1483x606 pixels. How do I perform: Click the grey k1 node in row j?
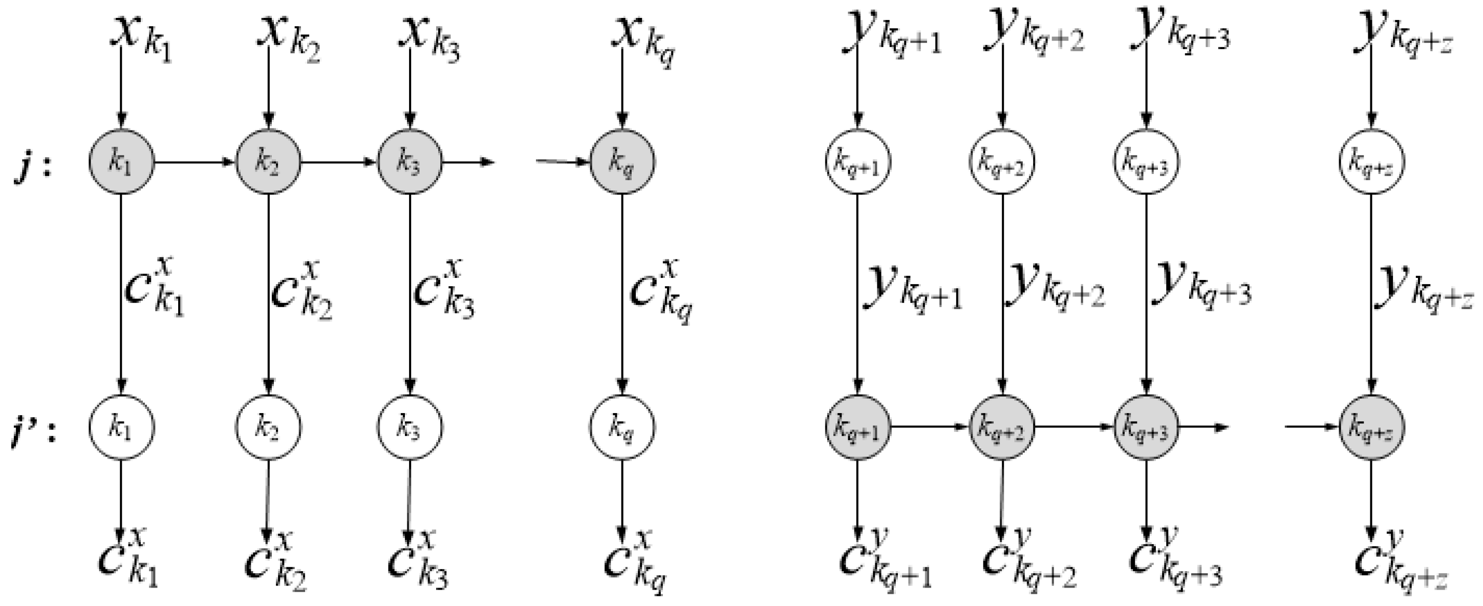coord(121,162)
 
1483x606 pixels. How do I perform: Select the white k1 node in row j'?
coord(121,427)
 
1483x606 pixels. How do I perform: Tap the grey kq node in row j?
coord(622,162)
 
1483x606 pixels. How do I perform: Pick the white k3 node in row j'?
coord(410,427)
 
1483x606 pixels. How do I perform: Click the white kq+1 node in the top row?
coord(858,163)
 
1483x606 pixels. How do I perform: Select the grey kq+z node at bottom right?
coord(1371,427)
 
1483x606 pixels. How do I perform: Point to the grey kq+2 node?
coord(1003,427)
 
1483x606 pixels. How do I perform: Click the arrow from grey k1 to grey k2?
coord(195,162)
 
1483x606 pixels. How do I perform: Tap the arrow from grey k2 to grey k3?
coord(338,162)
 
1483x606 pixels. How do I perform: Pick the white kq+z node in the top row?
coord(1371,163)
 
